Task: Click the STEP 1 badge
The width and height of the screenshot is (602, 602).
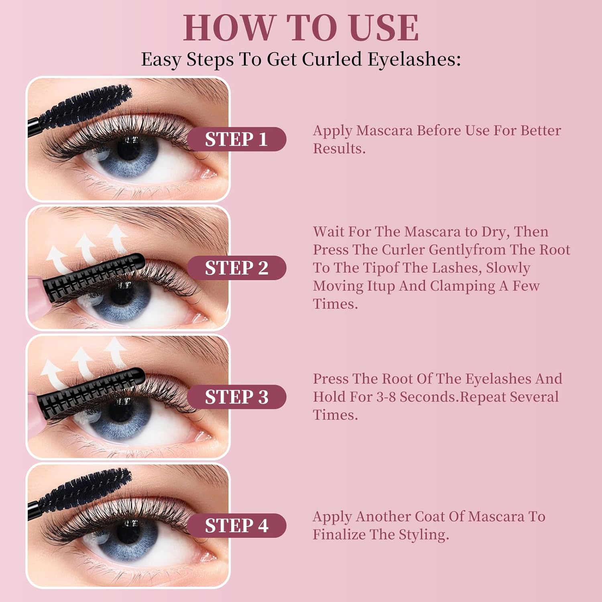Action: click(237, 139)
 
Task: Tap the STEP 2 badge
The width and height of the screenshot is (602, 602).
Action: click(237, 268)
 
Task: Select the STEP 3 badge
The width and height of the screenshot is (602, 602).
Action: click(237, 397)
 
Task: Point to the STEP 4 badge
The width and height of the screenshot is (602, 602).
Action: click(237, 525)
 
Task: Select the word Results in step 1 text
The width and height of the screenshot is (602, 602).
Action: click(339, 148)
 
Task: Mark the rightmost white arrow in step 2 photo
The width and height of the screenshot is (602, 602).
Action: click(117, 238)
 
